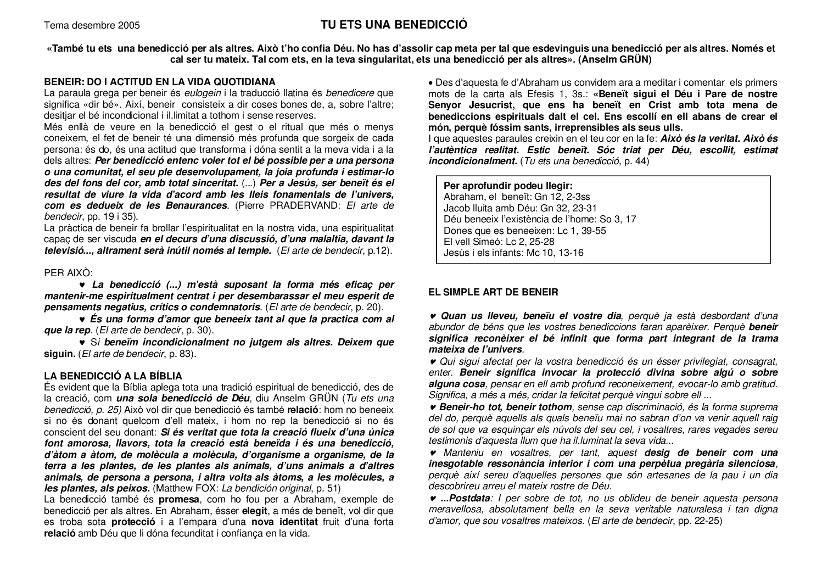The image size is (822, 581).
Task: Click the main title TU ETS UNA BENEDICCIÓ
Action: pos(394,25)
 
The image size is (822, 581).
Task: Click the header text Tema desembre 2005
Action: pos(92,25)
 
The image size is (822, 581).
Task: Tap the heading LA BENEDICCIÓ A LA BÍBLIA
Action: pos(113,376)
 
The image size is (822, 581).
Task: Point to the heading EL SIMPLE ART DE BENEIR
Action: pos(493,292)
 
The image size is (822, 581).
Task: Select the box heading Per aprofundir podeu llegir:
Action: pos(508,186)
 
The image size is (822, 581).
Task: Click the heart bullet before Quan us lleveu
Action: pos(433,316)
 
